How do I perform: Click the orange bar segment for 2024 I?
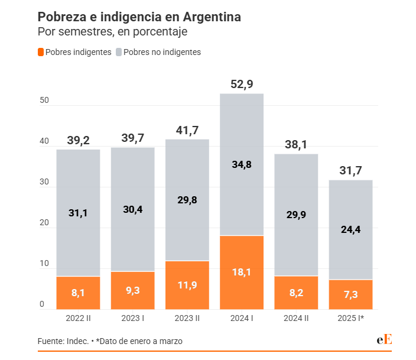242,272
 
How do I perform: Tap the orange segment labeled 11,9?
187,285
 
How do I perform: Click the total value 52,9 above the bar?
242,85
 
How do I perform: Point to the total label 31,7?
350,171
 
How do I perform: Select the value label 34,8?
242,164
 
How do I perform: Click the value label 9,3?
133,291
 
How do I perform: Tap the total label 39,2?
79,140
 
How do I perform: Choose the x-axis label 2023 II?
187,318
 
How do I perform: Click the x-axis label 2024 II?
296,318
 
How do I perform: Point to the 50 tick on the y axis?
44,100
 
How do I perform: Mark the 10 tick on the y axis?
44,264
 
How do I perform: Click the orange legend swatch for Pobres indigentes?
41,52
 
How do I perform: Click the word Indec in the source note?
78,341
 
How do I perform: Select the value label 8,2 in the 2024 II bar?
296,293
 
